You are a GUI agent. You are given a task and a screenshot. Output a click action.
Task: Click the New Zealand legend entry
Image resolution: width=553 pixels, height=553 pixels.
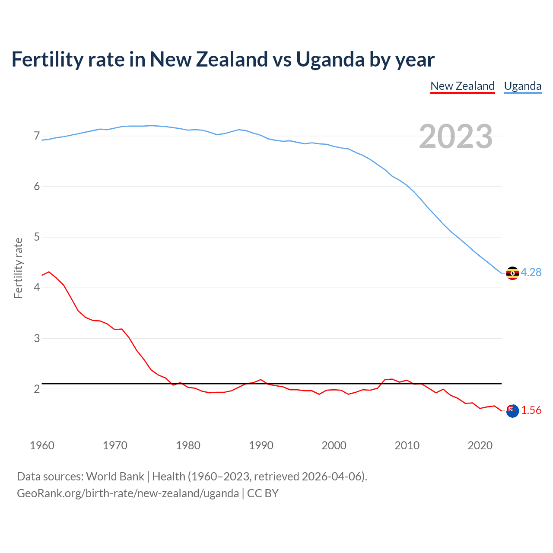point(462,86)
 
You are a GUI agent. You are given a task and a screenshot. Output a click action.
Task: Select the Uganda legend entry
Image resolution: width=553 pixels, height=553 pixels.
point(522,86)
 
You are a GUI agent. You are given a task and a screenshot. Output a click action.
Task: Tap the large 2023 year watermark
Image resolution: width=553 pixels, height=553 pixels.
point(455,137)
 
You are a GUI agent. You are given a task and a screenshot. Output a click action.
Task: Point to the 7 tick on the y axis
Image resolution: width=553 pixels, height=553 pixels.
point(37,136)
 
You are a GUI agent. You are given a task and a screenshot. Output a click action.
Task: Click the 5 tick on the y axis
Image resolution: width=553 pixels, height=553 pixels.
point(37,237)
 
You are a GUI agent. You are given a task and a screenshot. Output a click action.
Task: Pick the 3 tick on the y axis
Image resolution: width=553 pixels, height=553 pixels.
point(37,338)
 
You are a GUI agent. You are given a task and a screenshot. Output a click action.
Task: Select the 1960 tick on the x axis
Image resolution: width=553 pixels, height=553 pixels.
point(42,445)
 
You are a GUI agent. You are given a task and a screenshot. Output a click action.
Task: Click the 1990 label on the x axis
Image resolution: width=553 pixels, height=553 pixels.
point(261,445)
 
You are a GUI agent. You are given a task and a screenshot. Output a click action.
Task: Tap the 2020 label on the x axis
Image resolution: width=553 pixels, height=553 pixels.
point(480,445)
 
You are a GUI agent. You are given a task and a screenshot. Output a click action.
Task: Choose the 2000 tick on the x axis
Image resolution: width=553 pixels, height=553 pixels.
point(334,445)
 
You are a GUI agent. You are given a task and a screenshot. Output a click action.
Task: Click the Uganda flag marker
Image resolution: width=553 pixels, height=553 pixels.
point(512,273)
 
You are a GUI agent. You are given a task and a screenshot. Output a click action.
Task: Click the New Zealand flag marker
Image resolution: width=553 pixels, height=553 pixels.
point(512,411)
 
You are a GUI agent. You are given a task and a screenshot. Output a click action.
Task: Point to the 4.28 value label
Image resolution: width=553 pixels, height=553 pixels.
point(531,272)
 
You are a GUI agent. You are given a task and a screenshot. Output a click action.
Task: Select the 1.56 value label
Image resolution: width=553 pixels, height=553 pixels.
point(531,410)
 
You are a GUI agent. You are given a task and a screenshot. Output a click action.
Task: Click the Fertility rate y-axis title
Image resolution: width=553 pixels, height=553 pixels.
point(18,268)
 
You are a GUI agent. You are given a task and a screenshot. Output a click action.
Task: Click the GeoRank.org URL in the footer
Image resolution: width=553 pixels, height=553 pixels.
point(128,493)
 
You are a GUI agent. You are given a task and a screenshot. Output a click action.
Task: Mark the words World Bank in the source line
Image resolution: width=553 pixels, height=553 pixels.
point(115,477)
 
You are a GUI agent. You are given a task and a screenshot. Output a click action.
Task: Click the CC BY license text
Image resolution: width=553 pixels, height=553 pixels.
point(263,493)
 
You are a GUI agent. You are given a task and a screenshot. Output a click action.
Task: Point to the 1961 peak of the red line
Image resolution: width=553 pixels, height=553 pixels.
point(49,272)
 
